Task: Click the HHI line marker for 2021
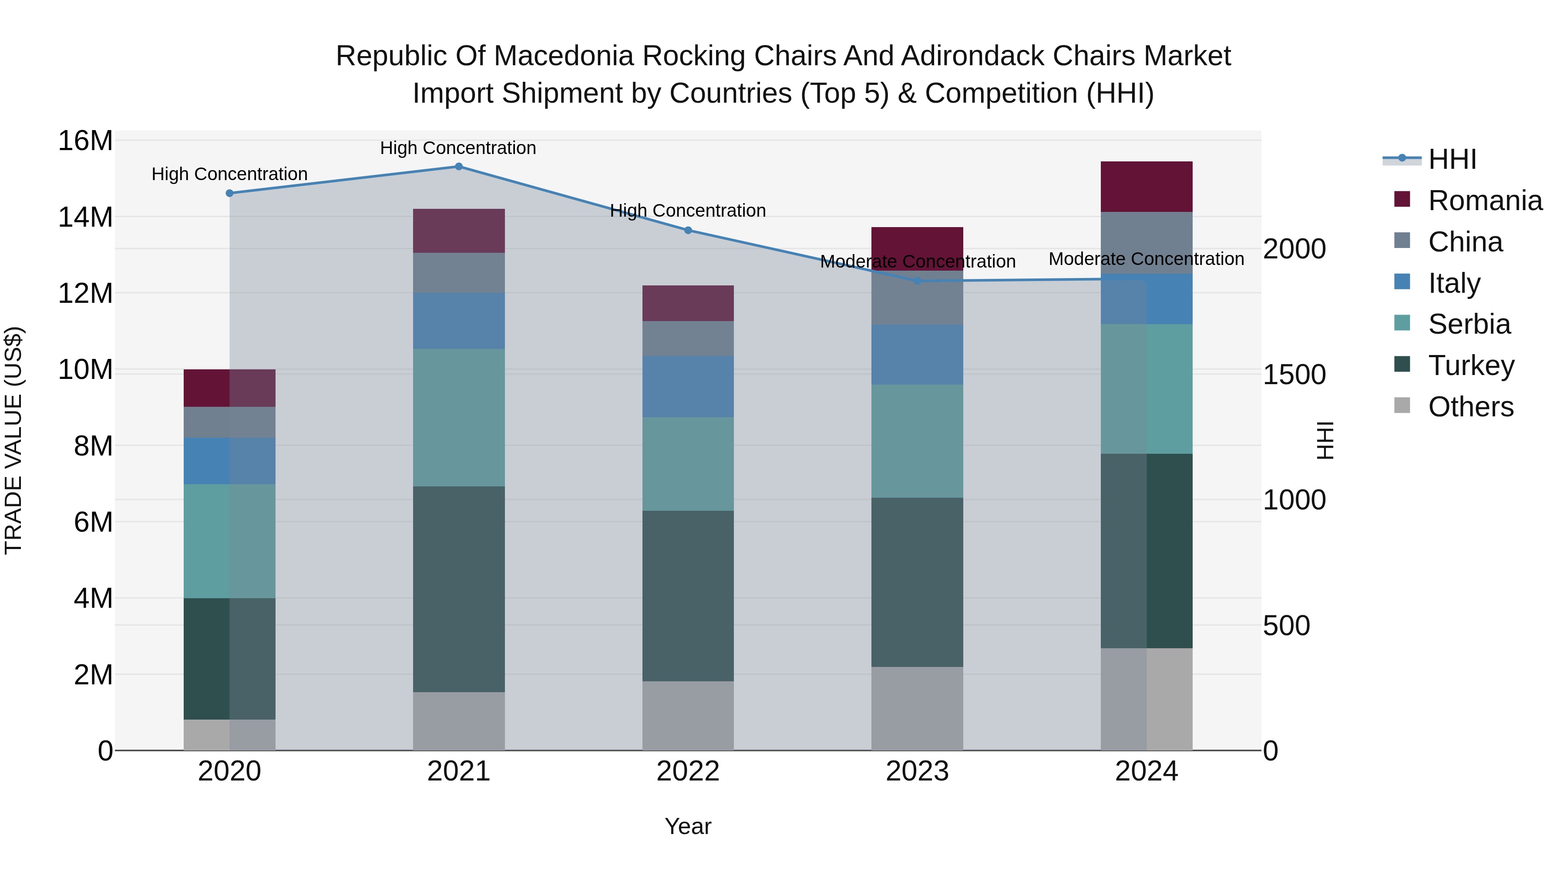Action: (459, 167)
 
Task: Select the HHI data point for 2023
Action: (917, 281)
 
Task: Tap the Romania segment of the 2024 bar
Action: (1146, 187)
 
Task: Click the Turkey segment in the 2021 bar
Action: (459, 589)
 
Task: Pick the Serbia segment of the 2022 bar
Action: (688, 463)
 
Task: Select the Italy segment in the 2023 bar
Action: (917, 355)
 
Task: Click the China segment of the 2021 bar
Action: (459, 273)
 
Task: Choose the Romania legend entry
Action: (1485, 201)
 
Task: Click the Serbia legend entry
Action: (1469, 324)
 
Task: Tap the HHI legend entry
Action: (1452, 159)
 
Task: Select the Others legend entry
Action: (1470, 407)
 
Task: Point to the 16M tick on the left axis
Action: (85, 141)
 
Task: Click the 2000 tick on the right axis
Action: (1294, 249)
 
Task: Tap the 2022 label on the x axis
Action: (688, 771)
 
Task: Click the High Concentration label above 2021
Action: (458, 148)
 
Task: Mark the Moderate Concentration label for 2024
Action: (1146, 259)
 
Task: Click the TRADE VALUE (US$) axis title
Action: (13, 440)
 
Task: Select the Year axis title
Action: (688, 826)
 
